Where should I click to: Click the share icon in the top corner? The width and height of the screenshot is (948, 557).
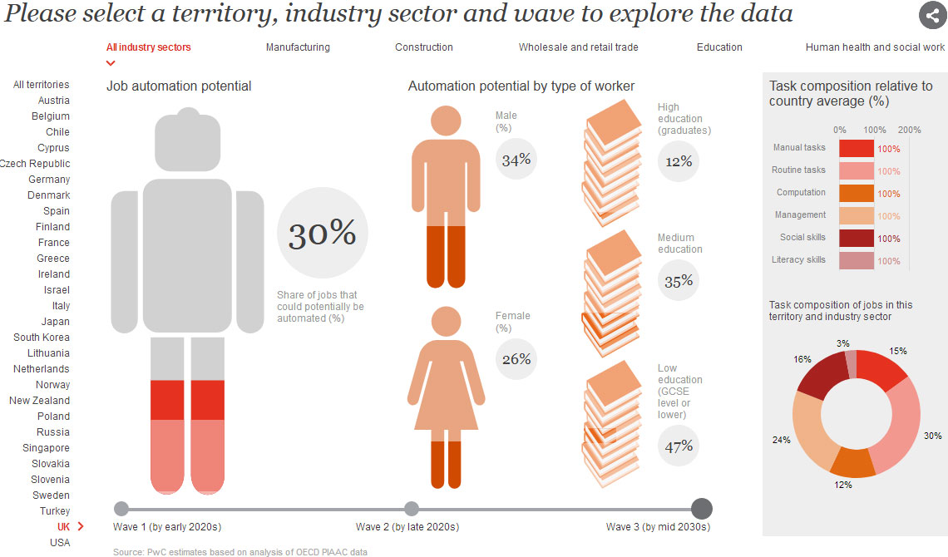pyautogui.click(x=932, y=15)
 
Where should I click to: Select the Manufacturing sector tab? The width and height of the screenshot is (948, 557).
pyautogui.click(x=298, y=47)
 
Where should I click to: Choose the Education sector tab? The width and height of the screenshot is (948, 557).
pyautogui.click(x=719, y=47)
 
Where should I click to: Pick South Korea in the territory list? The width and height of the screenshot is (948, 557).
pyautogui.click(x=42, y=337)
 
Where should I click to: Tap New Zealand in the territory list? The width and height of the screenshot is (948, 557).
pyautogui.click(x=39, y=401)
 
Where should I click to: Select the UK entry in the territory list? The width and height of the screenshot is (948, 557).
pyautogui.click(x=63, y=527)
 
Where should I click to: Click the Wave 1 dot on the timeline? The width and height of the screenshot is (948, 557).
pyautogui.click(x=121, y=509)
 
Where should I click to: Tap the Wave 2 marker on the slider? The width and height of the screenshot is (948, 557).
pyautogui.click(x=412, y=509)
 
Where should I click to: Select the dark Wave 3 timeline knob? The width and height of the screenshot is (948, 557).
pyautogui.click(x=701, y=509)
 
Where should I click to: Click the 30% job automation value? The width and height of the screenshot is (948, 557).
pyautogui.click(x=323, y=233)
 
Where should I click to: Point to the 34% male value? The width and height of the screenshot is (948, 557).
pyautogui.click(x=516, y=160)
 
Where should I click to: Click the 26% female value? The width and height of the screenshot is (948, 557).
pyautogui.click(x=516, y=359)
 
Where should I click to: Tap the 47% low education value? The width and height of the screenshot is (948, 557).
pyautogui.click(x=679, y=446)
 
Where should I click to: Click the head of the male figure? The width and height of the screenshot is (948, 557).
pyautogui.click(x=447, y=121)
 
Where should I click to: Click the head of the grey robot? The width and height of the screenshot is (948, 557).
pyautogui.click(x=187, y=140)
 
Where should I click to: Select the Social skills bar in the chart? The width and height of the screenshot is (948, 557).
pyautogui.click(x=856, y=238)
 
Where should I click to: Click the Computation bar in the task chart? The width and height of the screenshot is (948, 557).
pyautogui.click(x=856, y=194)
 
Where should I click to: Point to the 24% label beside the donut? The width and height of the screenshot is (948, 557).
pyautogui.click(x=781, y=440)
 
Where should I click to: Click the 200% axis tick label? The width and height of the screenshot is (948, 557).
pyautogui.click(x=909, y=130)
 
